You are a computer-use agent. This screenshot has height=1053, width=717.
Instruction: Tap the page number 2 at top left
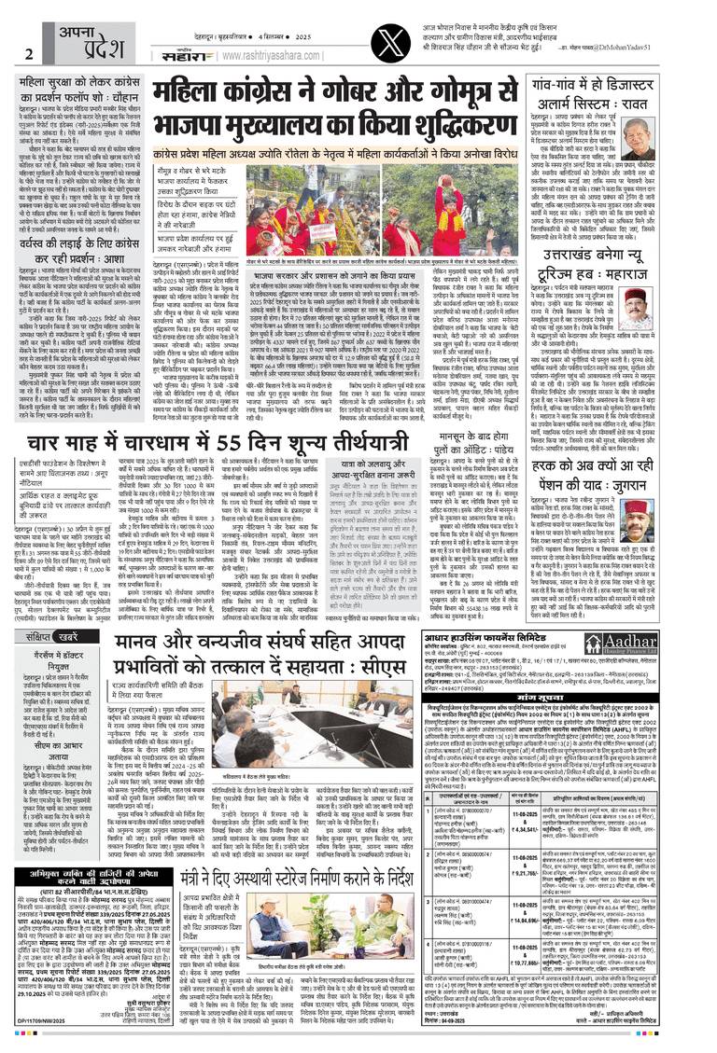[x=29, y=53]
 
